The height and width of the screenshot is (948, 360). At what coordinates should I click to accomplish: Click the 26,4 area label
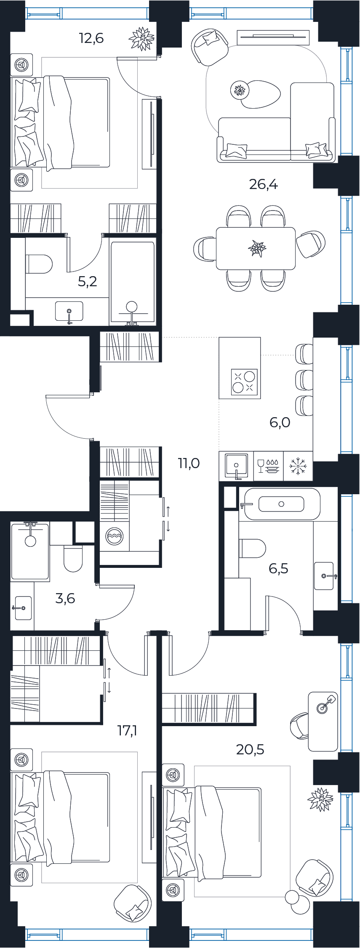[x=264, y=184]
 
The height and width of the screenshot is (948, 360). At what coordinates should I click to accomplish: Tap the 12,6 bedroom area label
[x=91, y=38]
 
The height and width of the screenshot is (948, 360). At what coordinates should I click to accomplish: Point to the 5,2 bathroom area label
[x=88, y=281]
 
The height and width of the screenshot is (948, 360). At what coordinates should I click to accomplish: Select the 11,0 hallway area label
[x=189, y=463]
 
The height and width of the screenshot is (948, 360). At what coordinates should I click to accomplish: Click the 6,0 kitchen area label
[x=280, y=422]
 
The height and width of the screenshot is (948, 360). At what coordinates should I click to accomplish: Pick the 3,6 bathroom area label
[x=65, y=598]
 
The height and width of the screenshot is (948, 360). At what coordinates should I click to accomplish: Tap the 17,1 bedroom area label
[x=127, y=730]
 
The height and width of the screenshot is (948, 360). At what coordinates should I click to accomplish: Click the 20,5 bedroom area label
[x=250, y=749]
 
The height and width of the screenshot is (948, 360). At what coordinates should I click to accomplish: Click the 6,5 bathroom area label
[x=278, y=569]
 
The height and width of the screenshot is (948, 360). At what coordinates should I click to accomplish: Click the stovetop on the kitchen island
[x=244, y=381]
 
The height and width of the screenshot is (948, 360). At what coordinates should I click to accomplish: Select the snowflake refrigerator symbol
[x=298, y=466]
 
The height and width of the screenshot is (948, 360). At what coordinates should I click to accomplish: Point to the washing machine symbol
[x=115, y=537]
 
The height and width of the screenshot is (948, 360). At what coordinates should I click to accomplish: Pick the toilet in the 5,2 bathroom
[x=39, y=264]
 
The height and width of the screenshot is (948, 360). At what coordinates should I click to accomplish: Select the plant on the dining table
[x=257, y=248]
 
